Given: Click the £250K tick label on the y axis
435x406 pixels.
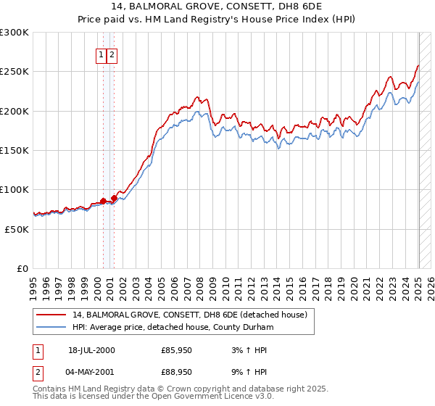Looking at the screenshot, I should pyautogui.click(x=14, y=72).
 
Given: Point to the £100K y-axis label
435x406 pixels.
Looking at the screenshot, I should pyautogui.click(x=14, y=189).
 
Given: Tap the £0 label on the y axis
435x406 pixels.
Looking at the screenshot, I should pyautogui.click(x=23, y=268).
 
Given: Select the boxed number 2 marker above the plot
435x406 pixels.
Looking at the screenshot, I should pyautogui.click(x=113, y=54).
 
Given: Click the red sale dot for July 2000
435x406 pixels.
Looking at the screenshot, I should pyautogui.click(x=104, y=200).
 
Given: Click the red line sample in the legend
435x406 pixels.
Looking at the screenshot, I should pyautogui.click(x=51, y=315).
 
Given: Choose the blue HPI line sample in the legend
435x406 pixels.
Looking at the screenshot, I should pyautogui.click(x=51, y=327).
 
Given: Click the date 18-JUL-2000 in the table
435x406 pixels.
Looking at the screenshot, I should pyautogui.click(x=91, y=350).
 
